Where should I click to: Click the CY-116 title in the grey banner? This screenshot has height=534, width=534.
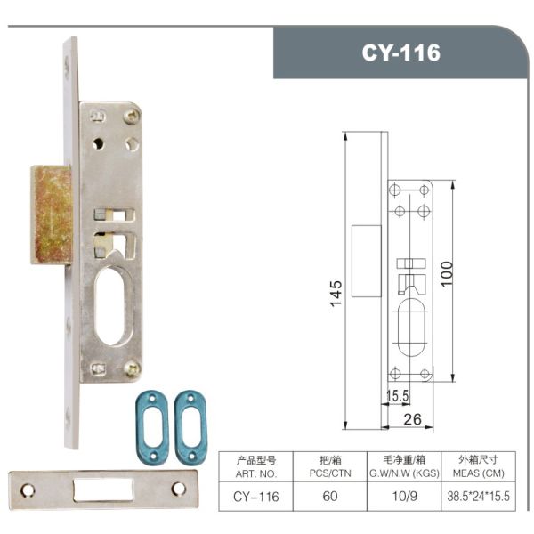(400, 53)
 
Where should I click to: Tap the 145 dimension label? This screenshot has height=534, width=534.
(336, 294)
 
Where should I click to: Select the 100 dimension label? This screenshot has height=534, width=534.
(447, 274)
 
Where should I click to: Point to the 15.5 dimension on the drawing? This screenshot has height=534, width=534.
(398, 396)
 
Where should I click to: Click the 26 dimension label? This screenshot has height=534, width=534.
(412, 419)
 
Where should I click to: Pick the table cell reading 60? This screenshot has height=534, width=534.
(330, 496)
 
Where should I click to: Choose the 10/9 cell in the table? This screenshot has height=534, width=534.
(404, 496)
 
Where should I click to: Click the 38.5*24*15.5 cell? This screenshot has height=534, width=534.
(479, 497)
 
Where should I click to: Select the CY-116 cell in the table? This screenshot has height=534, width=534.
(256, 497)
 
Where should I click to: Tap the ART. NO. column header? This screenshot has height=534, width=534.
(256, 473)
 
